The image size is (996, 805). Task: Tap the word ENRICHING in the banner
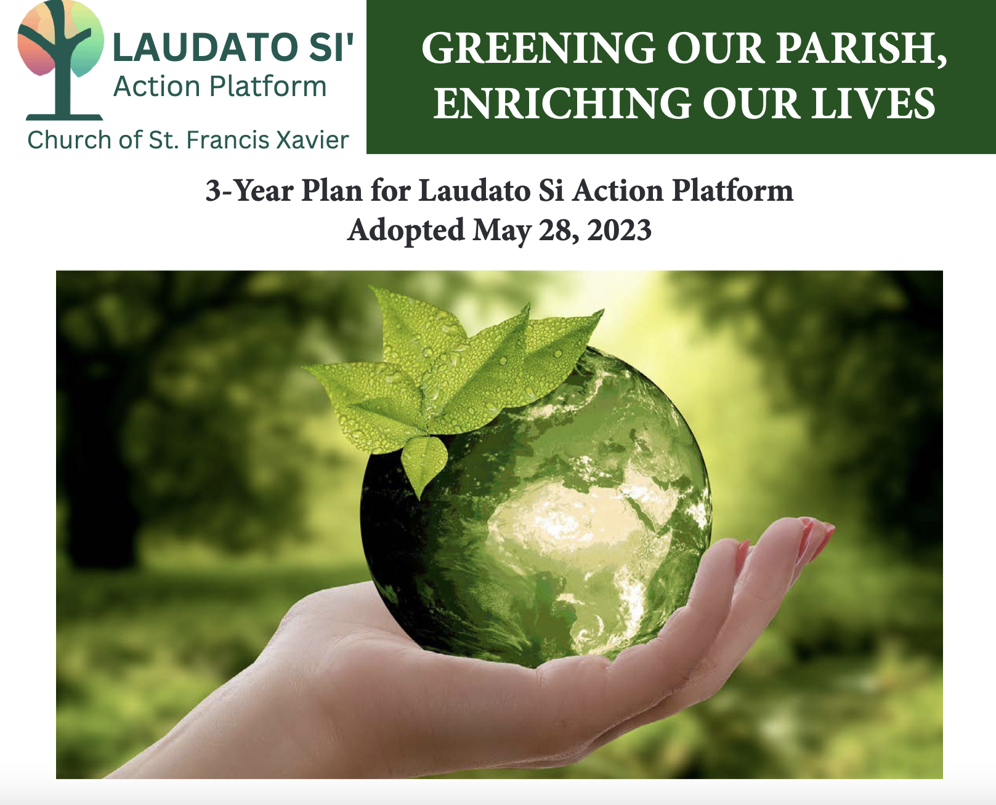pyautogui.click(x=562, y=103)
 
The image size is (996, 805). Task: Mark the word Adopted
pyautogui.click(x=406, y=230)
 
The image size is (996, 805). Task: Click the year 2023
pyautogui.click(x=619, y=230)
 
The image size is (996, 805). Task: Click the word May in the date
pyautogui.click(x=501, y=230)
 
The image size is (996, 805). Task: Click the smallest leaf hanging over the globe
pyautogui.click(x=424, y=462)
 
